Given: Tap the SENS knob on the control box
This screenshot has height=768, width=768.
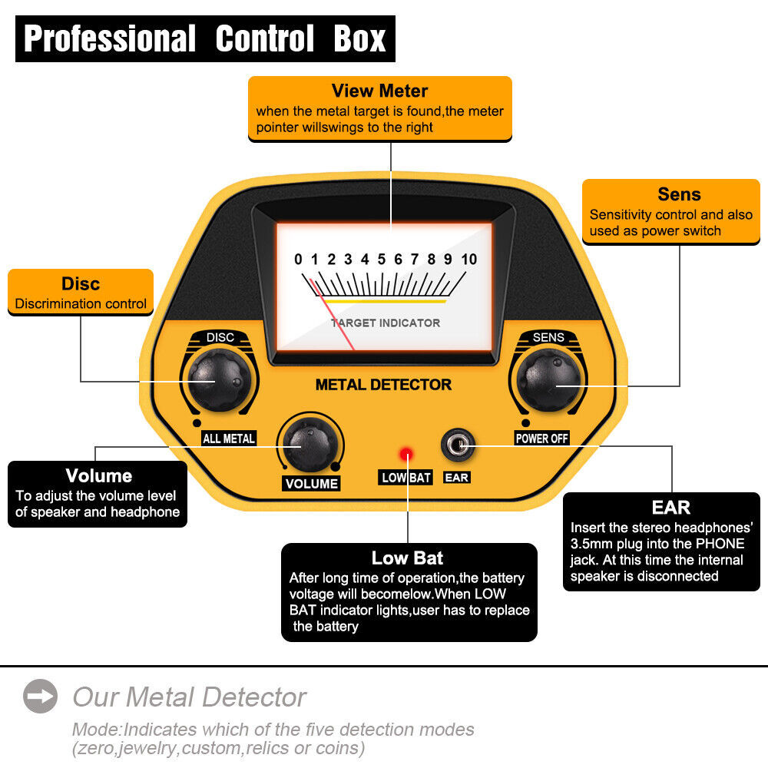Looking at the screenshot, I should click(x=547, y=379).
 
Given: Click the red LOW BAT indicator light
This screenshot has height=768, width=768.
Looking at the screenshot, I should click(x=405, y=454).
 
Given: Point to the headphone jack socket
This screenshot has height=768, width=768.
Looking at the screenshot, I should click(x=456, y=446).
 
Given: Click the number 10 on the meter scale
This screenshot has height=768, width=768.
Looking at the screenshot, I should click(x=468, y=260).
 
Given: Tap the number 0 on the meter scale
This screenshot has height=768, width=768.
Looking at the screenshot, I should click(x=298, y=260).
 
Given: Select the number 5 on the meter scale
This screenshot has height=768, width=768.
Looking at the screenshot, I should click(x=382, y=260).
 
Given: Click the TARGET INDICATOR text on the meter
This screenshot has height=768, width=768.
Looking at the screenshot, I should click(x=386, y=323).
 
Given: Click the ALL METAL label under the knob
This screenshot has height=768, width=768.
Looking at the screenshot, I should click(x=228, y=439).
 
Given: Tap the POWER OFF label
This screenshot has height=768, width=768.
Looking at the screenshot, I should click(x=542, y=439).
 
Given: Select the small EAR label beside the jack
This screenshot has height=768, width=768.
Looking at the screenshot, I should click(x=456, y=478).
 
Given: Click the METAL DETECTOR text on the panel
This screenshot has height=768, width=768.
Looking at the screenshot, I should click(x=383, y=385).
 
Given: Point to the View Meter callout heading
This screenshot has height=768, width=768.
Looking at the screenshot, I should click(x=379, y=91).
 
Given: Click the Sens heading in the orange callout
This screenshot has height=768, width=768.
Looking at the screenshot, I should click(x=679, y=194).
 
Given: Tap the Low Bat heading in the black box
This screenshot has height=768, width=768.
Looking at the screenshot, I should click(x=407, y=558).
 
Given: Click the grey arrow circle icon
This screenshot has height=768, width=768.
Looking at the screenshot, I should click(x=40, y=697).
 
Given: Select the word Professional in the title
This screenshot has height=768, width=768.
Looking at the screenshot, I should click(x=110, y=38).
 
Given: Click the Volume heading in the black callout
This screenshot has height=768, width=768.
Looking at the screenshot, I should click(x=98, y=475).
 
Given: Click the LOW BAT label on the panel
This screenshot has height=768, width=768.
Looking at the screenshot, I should click(x=406, y=478).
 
